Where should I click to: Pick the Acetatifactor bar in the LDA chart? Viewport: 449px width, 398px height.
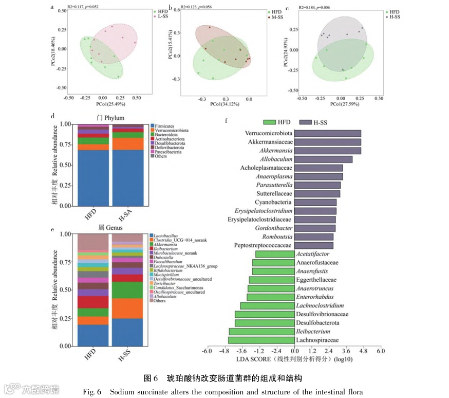[x=274, y=254]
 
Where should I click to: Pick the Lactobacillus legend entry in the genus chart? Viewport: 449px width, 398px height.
[x=162, y=235]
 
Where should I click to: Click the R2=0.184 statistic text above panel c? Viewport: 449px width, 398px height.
[x=312, y=7]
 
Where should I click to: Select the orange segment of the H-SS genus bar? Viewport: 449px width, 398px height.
[x=128, y=309]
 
